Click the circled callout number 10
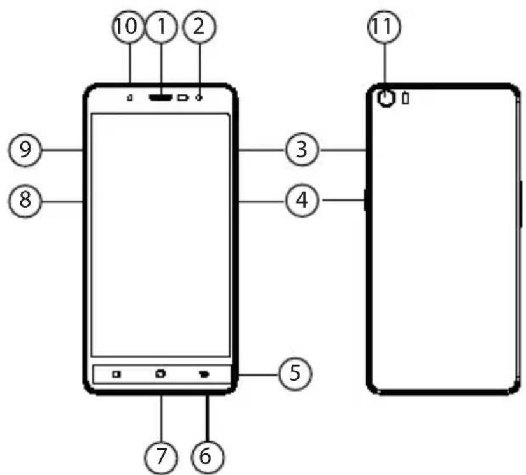coord(128,27)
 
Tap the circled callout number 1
coord(162,27)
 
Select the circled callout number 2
coord(199,27)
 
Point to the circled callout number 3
coord(302,150)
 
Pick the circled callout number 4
coord(302,201)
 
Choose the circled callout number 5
coord(295,373)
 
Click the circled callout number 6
coord(206,457)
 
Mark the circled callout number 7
coord(161,457)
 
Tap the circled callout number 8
coord(25,201)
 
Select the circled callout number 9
coord(25,150)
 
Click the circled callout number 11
coord(385,27)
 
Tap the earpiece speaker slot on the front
coord(160,97)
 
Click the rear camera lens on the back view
coord(387,99)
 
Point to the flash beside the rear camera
coord(406,98)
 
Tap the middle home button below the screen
coord(160,373)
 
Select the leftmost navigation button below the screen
coord(117,374)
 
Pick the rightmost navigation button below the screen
coord(204,374)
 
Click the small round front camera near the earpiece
coord(200,97)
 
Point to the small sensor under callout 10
coord(130,97)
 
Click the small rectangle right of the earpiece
coord(183,97)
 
